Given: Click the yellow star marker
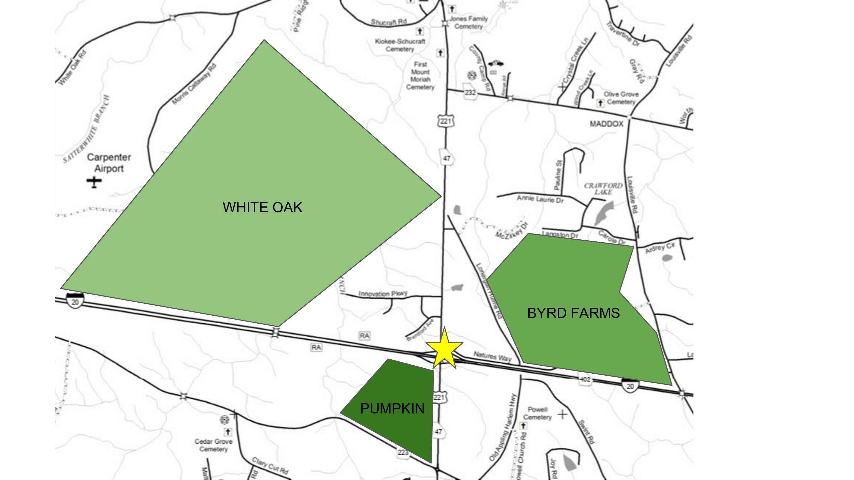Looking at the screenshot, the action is click(x=444, y=349).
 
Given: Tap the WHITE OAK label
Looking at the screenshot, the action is click(x=262, y=207).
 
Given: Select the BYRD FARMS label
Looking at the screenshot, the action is click(x=573, y=313).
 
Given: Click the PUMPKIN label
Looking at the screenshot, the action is click(x=392, y=408).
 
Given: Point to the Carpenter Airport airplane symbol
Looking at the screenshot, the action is click(x=94, y=182).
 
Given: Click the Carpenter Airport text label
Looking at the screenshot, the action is click(x=109, y=163).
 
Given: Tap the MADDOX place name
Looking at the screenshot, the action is click(x=606, y=124).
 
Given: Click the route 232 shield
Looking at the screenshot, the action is click(x=470, y=92).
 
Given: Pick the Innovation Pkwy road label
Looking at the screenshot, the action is click(x=383, y=294).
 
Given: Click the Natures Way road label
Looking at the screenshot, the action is click(x=492, y=356).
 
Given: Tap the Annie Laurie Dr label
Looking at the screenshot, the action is click(x=540, y=199).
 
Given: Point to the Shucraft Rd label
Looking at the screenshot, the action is click(x=388, y=22).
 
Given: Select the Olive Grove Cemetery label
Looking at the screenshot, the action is click(x=621, y=98).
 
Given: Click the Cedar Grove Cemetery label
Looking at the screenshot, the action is click(x=213, y=445).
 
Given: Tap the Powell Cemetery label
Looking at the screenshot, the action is click(x=537, y=413).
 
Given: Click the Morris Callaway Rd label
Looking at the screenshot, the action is click(x=194, y=84).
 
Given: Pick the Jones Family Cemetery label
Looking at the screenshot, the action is click(x=468, y=22).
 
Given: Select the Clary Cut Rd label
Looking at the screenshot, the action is click(x=270, y=465).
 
